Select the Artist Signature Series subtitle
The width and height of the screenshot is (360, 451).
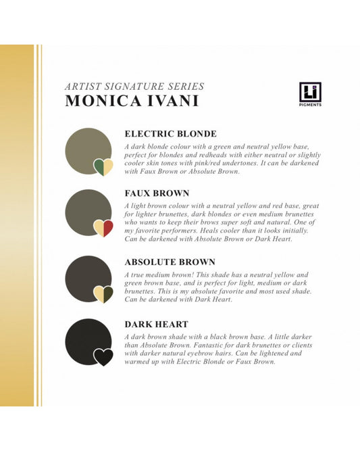134,87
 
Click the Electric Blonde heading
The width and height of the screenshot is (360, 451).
171,134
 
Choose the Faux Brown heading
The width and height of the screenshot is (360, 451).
157,192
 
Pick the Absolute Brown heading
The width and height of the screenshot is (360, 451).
170,262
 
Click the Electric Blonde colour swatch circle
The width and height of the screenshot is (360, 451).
86,151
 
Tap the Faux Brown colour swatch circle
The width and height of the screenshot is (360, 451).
86,212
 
